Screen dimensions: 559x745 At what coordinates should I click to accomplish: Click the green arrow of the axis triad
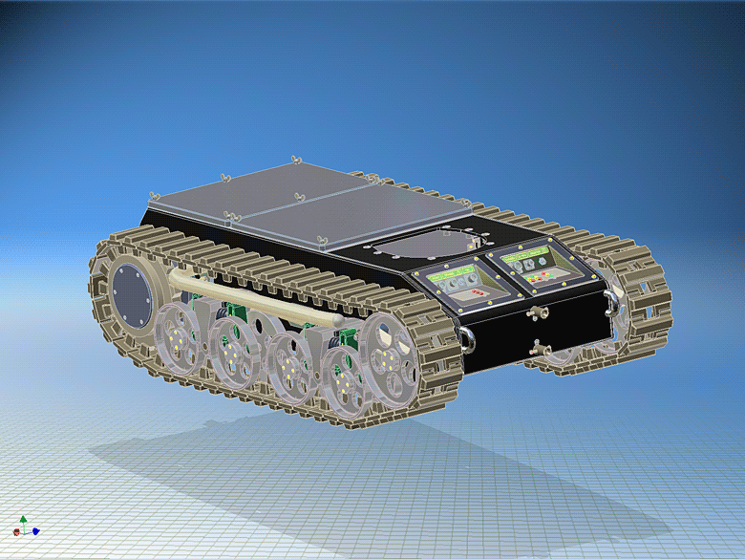pos(23,519)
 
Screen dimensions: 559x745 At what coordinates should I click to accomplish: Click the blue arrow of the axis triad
pos(35,531)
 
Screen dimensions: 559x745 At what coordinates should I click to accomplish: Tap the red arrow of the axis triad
pos(16,532)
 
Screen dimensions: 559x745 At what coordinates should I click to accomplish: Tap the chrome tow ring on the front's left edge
pos(467,335)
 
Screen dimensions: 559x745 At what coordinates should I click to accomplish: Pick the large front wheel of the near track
pos(387,359)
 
